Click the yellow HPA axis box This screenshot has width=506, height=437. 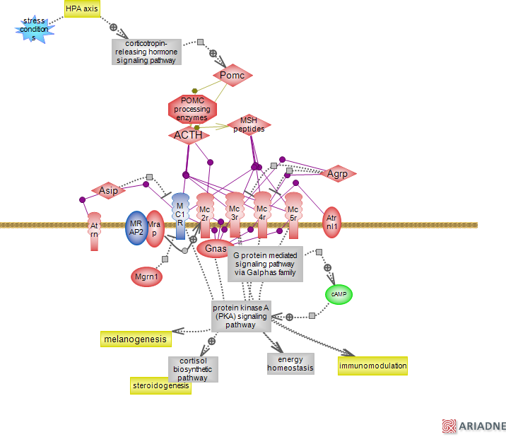click(83, 9)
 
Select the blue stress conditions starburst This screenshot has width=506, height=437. click(34, 29)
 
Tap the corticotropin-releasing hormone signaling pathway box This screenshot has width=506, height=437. click(146, 52)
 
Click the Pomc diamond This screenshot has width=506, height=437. click(233, 75)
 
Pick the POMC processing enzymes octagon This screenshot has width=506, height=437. click(192, 110)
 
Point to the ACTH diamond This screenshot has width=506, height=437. click(188, 134)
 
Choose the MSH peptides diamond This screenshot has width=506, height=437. click(249, 125)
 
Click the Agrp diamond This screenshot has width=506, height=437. click(338, 173)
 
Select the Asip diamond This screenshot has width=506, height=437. click(109, 190)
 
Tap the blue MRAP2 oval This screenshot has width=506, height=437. click(136, 228)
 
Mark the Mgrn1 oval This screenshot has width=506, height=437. click(146, 276)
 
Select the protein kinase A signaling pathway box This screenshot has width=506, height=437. click(242, 316)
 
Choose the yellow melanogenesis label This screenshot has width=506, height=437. click(136, 339)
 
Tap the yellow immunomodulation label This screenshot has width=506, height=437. click(372, 366)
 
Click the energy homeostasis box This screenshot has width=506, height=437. click(290, 363)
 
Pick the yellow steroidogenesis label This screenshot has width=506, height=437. click(160, 385)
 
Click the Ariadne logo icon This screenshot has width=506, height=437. click(449, 426)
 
